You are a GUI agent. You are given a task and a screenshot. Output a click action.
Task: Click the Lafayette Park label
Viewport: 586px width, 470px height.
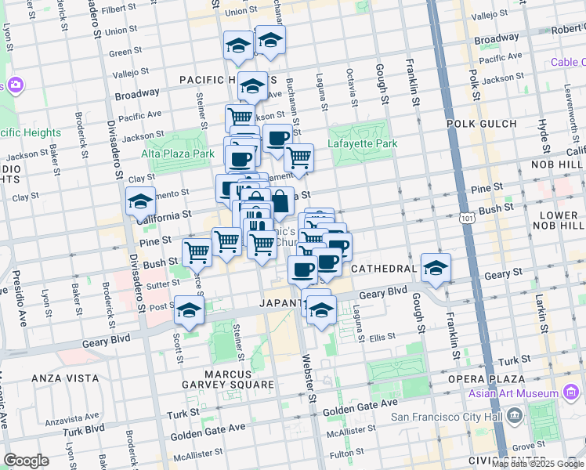[363, 143]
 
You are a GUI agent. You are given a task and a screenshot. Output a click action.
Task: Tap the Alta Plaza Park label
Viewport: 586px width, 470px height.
[178, 154]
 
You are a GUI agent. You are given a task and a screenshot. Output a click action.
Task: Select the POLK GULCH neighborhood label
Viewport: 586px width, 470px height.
[481, 124]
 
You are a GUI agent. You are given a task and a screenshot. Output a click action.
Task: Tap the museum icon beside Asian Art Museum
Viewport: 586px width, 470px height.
[571, 392]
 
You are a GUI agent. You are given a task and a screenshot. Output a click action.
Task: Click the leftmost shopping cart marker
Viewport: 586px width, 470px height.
[197, 252]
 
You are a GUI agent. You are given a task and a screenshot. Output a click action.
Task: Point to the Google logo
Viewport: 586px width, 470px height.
[27, 461]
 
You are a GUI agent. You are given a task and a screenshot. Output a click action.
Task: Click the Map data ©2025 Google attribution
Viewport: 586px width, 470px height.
[537, 464]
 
